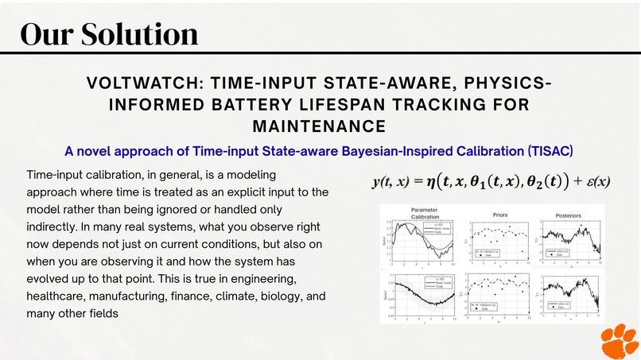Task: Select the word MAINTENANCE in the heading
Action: [319, 126]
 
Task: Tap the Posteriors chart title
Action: [568, 215]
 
